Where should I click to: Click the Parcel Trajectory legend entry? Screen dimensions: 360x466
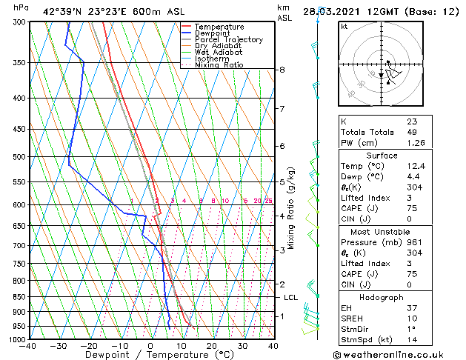coord(228,40)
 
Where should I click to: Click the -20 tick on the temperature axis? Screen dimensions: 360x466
coord(88,346)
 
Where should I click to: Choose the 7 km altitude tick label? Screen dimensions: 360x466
coord(282,109)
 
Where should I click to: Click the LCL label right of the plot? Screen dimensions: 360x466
coord(290,298)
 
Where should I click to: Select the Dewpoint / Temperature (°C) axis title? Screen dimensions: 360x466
coord(150,356)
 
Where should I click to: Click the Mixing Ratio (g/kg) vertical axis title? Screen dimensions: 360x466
coord(291,208)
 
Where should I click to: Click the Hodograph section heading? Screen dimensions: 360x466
coord(382,297)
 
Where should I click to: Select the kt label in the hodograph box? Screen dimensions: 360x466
coord(344,27)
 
